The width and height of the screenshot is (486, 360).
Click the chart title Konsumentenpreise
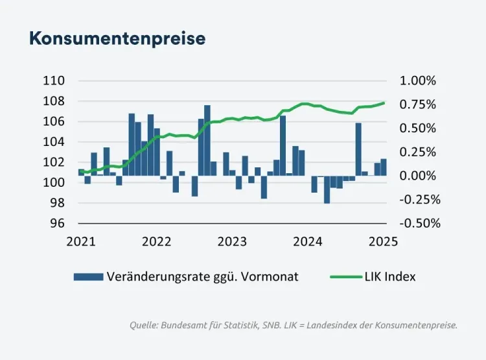click(x=117, y=38)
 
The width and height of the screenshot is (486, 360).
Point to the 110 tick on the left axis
click(x=54, y=81)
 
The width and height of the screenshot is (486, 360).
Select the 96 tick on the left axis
click(x=58, y=223)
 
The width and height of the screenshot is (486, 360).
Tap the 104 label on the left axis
click(x=54, y=142)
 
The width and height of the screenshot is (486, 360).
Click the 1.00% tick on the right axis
click(x=419, y=81)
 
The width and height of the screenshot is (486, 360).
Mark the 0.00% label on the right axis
click(x=419, y=176)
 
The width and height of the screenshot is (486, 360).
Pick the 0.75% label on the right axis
click(x=419, y=104)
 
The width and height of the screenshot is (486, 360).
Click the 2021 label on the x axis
click(x=81, y=242)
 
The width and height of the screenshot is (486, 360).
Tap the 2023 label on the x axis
click(x=232, y=242)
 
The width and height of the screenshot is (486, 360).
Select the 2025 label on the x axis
click(x=383, y=242)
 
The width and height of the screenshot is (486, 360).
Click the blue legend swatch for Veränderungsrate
click(x=88, y=277)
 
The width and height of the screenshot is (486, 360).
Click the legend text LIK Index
click(x=400, y=277)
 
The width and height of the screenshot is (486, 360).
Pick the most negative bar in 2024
click(x=327, y=189)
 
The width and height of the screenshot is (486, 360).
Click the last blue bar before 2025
click(x=384, y=167)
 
